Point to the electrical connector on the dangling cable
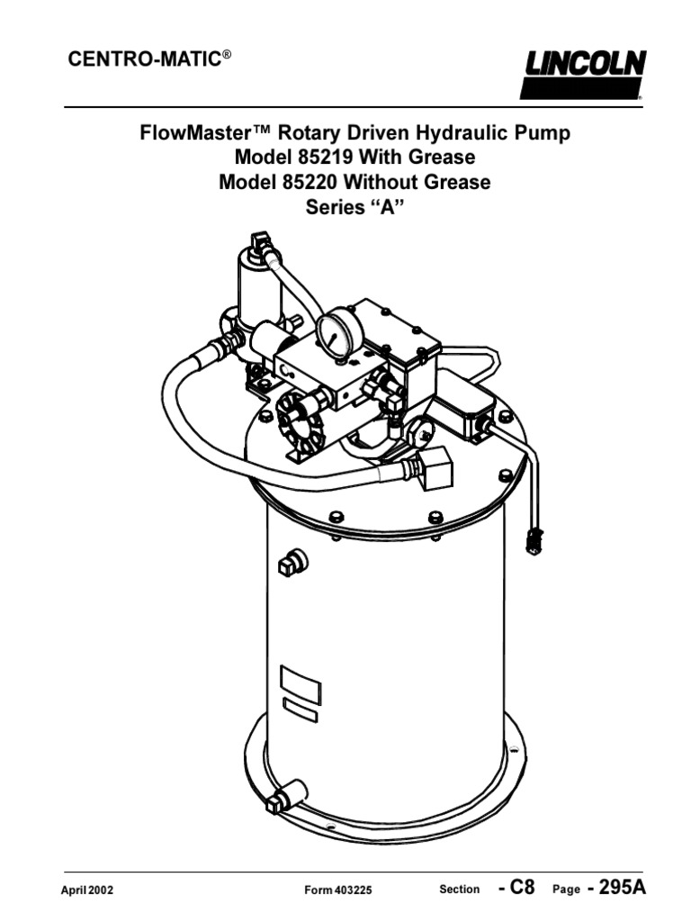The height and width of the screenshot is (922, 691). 533,540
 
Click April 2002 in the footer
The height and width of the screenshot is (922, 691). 87,890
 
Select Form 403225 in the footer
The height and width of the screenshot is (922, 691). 338,890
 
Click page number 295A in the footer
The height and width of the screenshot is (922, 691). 615,888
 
